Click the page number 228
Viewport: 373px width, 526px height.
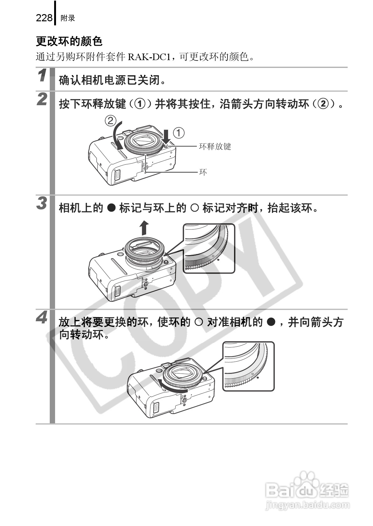coord(44,18)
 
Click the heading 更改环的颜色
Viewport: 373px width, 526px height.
coord(69,41)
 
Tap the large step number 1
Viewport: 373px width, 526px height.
coord(42,76)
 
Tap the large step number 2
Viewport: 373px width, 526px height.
coord(42,99)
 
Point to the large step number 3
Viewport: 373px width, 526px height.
coord(42,203)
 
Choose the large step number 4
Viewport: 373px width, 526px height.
coord(42,317)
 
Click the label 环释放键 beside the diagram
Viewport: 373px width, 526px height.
coord(215,146)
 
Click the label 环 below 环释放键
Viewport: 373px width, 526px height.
coord(203,172)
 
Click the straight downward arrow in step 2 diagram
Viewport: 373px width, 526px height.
coord(166,136)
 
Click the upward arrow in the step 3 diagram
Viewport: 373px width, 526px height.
coord(144,227)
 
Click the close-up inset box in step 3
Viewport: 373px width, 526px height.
coord(209,248)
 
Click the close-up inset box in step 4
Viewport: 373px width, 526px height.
coord(248,366)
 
